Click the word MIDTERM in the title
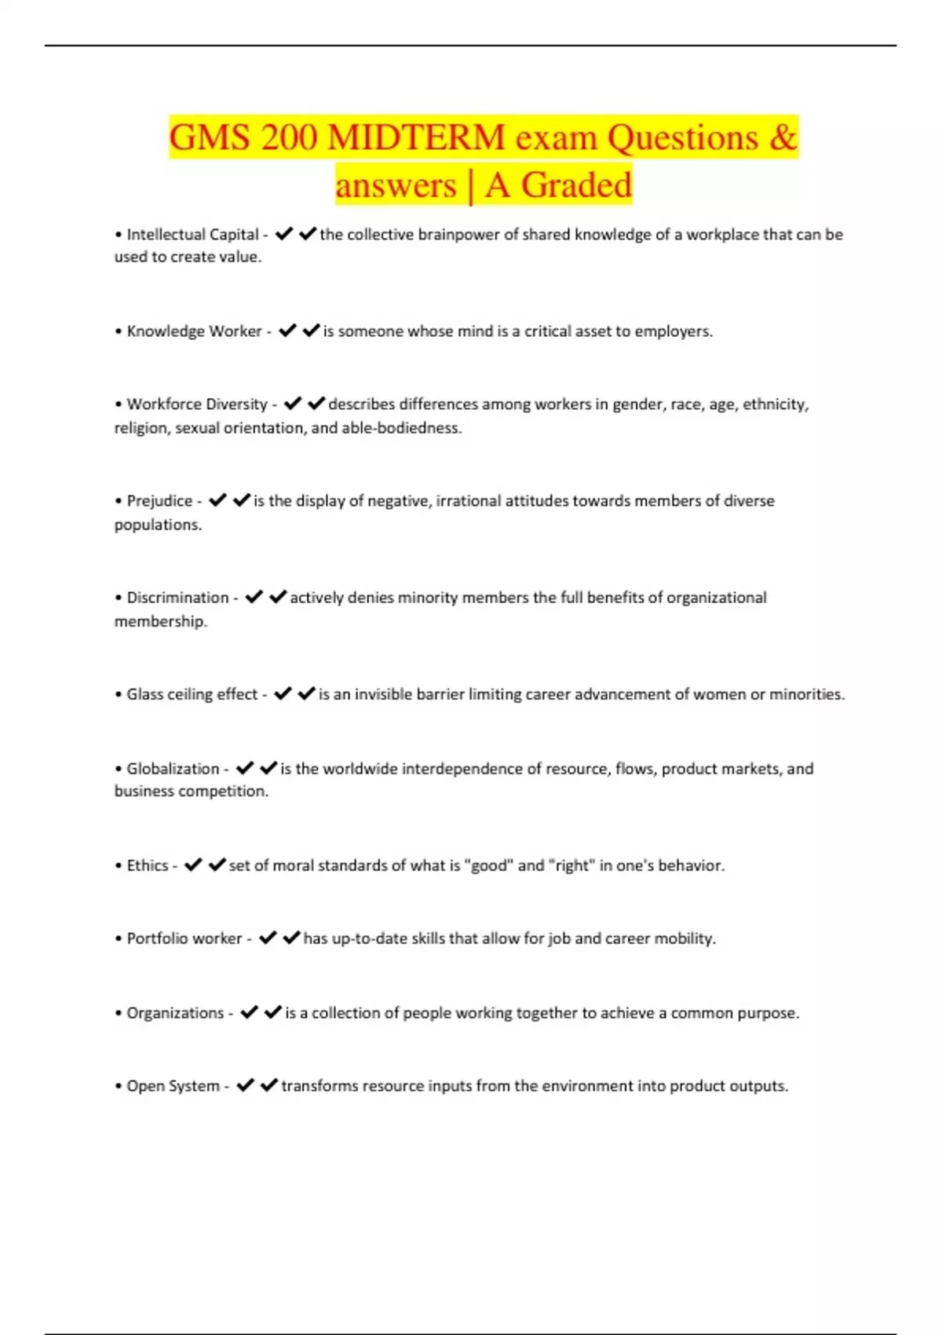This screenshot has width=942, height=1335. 416,138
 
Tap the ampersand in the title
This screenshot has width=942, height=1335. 783,138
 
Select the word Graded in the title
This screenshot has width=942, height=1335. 576,186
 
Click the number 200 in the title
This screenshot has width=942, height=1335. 283,138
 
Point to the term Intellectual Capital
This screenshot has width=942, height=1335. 192,235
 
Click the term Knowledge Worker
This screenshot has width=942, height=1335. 194,331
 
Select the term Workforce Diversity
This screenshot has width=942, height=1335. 197,404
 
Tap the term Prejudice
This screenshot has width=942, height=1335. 159,501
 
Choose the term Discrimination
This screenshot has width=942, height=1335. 177,598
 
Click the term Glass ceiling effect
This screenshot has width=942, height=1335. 192,694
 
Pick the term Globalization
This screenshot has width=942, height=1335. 173,769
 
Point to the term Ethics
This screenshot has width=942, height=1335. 148,865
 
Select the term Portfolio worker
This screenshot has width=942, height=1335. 184,938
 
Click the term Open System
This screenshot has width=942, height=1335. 173,1086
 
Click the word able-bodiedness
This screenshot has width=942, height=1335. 401,428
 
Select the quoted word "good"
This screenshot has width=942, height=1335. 488,865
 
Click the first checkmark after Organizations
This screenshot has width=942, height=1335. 249,1012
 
